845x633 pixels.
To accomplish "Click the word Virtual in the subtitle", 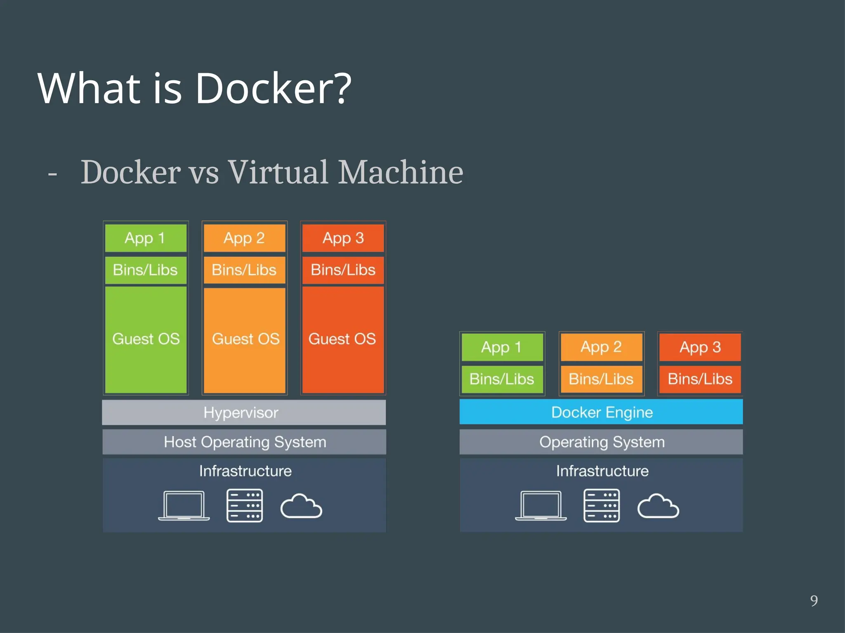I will coord(279,172).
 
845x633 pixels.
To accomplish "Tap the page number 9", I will coord(814,601).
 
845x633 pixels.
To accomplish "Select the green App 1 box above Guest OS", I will coord(146,238).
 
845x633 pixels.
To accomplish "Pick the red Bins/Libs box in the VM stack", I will coord(343,270).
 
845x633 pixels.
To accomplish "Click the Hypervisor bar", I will coord(244,412).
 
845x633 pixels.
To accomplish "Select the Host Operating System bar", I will coord(244,442).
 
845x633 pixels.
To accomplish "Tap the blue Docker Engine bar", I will coord(601,412).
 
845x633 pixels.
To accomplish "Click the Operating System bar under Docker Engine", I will coord(601,442).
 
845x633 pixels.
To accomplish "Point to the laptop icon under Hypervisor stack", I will coord(184,506).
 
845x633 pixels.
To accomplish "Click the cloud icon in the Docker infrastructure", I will coord(658,506).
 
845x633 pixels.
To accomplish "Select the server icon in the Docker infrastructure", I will coord(602,506).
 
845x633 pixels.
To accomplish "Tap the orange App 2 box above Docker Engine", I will coord(601,347).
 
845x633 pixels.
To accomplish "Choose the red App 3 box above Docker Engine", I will coord(700,347).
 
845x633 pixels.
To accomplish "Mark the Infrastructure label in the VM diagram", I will coord(245,471).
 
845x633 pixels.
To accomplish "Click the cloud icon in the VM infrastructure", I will coord(301,506).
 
